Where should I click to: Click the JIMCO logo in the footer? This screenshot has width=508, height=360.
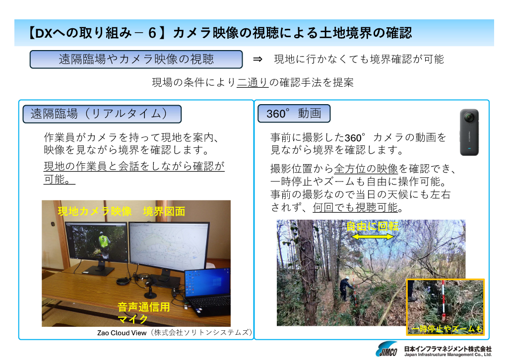(386, 349)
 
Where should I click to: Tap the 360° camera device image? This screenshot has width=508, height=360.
(469, 132)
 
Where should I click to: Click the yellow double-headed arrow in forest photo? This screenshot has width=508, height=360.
(373, 237)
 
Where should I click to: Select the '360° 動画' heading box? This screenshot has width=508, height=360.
(294, 114)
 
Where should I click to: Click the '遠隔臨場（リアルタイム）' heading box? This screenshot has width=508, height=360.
(102, 114)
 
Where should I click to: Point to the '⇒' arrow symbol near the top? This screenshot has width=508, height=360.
(257, 59)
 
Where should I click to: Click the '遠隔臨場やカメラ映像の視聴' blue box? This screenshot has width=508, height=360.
(136, 59)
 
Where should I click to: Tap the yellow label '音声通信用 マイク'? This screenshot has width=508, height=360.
(143, 313)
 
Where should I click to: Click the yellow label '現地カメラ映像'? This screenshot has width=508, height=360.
(95, 211)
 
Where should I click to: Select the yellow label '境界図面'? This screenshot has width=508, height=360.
(164, 211)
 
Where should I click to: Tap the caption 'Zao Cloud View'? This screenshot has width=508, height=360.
(122, 333)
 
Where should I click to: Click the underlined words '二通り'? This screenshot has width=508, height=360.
(253, 82)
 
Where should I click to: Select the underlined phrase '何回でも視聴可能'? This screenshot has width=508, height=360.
(355, 207)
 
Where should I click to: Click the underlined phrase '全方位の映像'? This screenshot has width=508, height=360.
(366, 169)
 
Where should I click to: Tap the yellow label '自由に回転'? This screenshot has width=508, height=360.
(373, 226)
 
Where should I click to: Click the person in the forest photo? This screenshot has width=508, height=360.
(345, 289)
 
